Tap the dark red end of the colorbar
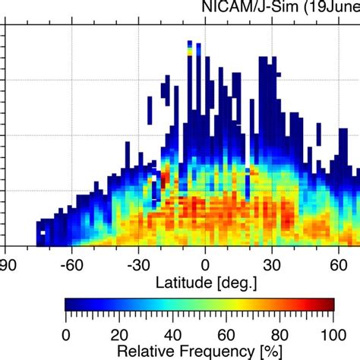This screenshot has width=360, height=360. point(330,305)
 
